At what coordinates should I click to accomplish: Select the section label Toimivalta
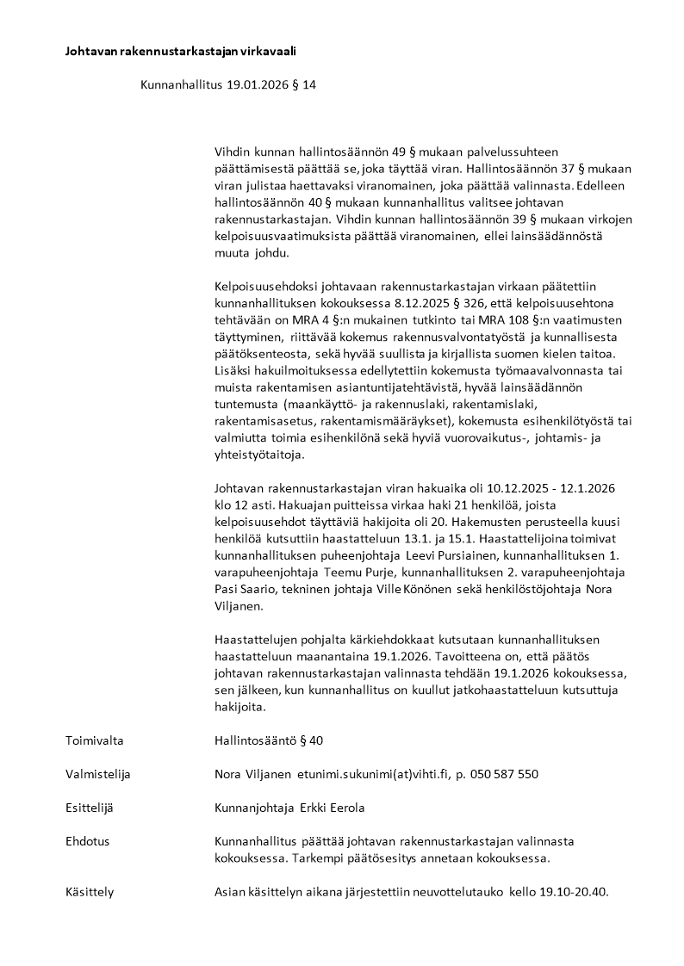[x=92, y=740]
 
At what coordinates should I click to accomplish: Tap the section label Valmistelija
[x=97, y=774]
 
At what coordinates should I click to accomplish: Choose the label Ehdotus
[x=87, y=841]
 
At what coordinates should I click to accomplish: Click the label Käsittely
[x=90, y=892]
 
